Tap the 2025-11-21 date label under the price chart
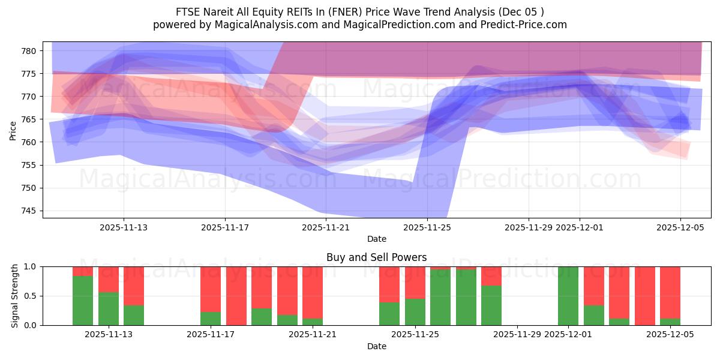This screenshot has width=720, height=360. coord(326,227)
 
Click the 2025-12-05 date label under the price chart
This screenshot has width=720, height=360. coord(680,227)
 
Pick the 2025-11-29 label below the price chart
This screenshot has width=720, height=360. coord(529,227)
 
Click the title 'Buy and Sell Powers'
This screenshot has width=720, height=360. coord(377,257)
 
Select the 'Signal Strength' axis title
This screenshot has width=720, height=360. coord(15,296)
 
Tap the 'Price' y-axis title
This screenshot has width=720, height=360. coord(13,131)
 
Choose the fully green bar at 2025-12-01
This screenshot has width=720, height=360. coord(568,296)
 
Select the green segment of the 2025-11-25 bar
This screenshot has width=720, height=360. coord(415,312)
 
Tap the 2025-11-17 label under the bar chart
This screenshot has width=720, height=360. coord(211,335)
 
